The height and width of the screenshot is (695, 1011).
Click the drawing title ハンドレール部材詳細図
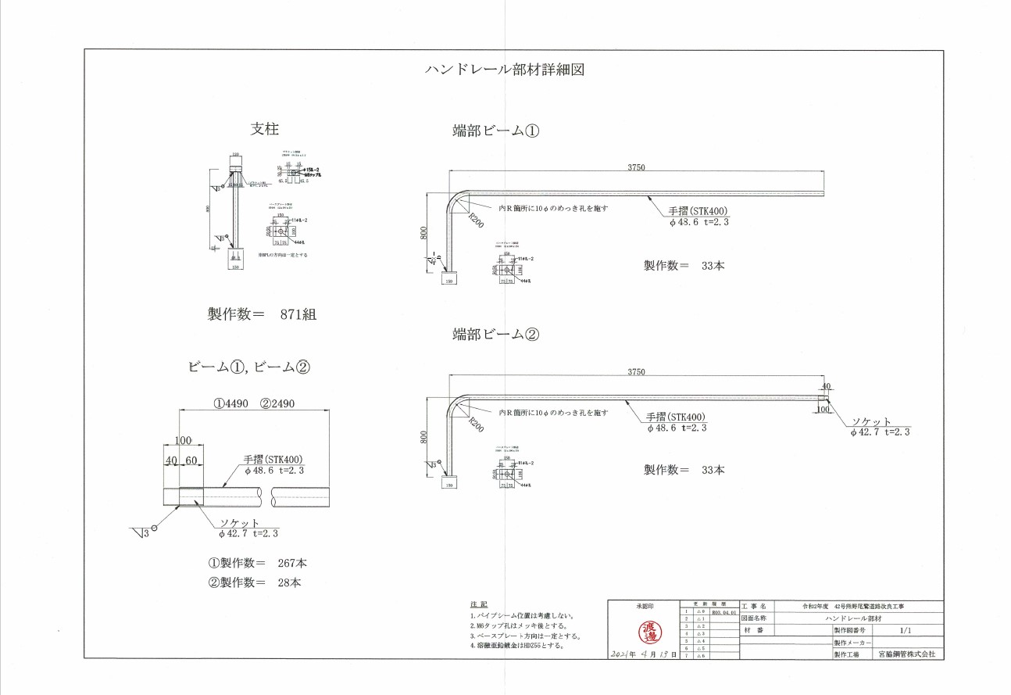pos(504,70)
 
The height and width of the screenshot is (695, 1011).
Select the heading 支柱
pos(264,129)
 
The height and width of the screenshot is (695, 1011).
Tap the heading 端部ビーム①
pos(496,131)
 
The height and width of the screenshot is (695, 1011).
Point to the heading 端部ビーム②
pos(496,335)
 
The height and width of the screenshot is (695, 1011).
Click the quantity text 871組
pos(298,314)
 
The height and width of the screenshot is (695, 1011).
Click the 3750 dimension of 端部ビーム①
pos(635,167)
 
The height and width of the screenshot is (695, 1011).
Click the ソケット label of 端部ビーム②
pos(872,421)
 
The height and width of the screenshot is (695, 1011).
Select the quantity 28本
pos(290,582)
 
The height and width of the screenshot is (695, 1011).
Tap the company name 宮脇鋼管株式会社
pos(906,653)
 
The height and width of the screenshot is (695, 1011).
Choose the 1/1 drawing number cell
pos(906,629)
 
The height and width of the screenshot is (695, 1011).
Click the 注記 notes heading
pos(478,604)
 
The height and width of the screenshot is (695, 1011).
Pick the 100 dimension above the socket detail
pos(184,440)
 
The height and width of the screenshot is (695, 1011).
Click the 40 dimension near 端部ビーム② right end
pos(826,386)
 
